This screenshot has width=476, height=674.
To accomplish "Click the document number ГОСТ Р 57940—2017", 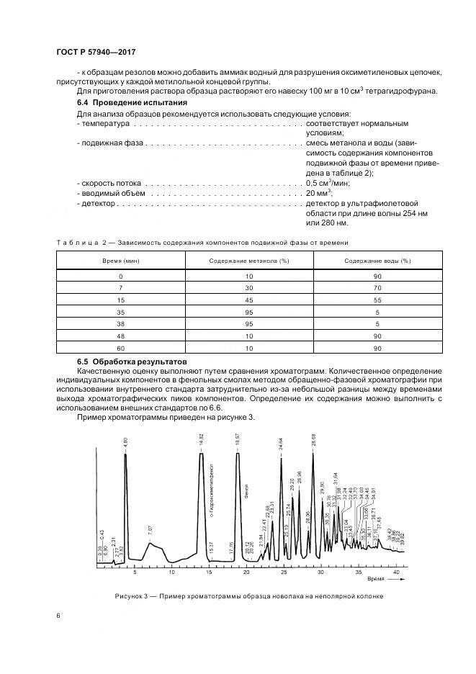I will pos(96,53).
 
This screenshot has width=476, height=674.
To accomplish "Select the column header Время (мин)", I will pos(121,261).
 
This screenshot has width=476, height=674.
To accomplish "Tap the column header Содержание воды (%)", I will pos(377,261).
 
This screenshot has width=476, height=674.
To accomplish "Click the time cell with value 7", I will pos(121,288).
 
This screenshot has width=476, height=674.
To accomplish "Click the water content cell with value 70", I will pos(377,288).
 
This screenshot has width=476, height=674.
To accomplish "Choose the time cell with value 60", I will pos(121,349).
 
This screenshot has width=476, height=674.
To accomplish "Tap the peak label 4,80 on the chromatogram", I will pos(125,443).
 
